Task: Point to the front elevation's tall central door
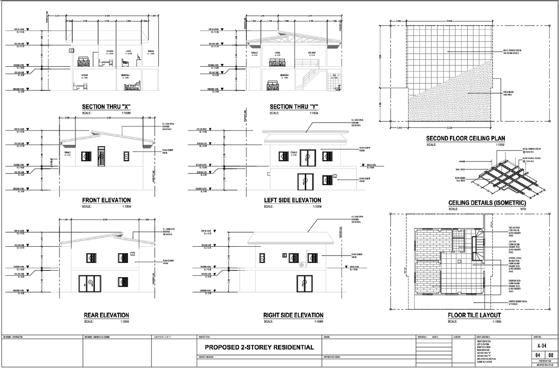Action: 101,156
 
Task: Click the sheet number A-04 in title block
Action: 542,347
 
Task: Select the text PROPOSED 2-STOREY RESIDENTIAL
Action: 259,347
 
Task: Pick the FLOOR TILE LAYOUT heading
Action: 474,315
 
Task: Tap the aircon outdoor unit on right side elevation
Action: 302,265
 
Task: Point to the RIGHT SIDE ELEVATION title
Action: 293,315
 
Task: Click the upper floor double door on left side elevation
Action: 307,156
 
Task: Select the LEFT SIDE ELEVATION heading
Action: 292,200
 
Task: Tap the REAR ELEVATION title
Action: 106,315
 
